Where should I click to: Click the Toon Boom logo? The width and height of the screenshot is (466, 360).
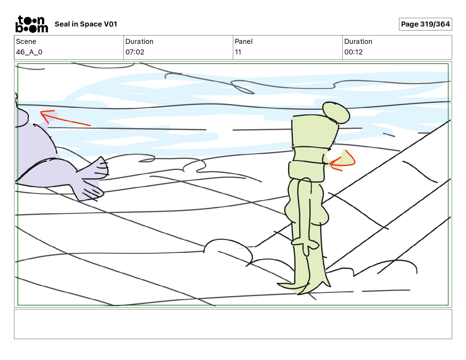click(32, 24)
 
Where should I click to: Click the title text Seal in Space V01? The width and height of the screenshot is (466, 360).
click(86, 24)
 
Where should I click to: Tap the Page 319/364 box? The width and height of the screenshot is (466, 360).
click(425, 24)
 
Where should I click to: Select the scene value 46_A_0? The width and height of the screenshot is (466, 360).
click(29, 52)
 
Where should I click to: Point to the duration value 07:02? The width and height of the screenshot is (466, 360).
click(135, 52)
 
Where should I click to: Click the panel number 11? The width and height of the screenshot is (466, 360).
click(238, 52)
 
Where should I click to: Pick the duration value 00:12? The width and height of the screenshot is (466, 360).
click(353, 52)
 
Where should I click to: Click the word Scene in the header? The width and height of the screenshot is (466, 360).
click(26, 41)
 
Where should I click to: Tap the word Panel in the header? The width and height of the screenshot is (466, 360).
click(244, 41)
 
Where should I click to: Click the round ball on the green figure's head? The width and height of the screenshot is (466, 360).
click(336, 113)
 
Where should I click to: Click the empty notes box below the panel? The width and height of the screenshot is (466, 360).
click(233, 324)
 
